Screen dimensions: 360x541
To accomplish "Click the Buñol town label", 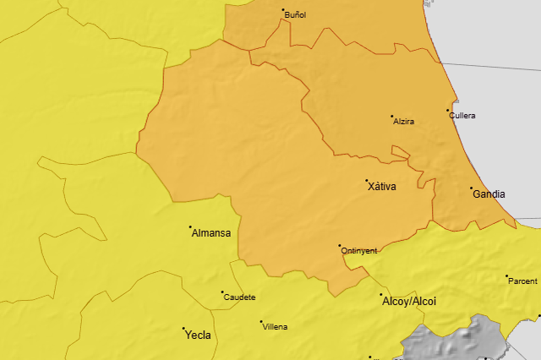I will [296, 15].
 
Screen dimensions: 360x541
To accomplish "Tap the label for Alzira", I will [404, 122].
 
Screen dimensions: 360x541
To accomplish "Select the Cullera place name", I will [463, 115].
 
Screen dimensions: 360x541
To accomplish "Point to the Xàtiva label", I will [382, 186].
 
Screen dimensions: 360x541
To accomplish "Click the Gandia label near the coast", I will [489, 194].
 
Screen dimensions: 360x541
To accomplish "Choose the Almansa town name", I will [211, 232].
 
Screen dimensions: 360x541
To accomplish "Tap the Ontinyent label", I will [358, 251].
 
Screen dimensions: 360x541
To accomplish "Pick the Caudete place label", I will [239, 297].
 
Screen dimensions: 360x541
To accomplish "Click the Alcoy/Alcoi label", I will [409, 301].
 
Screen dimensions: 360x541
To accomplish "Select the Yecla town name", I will [198, 335].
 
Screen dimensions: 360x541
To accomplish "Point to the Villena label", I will [275, 326].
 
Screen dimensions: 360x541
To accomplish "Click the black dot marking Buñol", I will [283, 10].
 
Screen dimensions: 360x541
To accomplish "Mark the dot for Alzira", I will [391, 117].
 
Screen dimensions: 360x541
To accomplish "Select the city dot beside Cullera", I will [448, 110].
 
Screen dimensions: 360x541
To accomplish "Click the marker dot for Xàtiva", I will [367, 180].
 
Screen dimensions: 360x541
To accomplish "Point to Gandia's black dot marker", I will [471, 188].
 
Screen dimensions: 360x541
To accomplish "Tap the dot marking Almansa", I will [190, 226].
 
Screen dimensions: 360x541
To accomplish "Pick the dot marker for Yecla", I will [183, 329].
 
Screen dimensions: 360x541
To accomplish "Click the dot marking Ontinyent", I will [340, 246].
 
